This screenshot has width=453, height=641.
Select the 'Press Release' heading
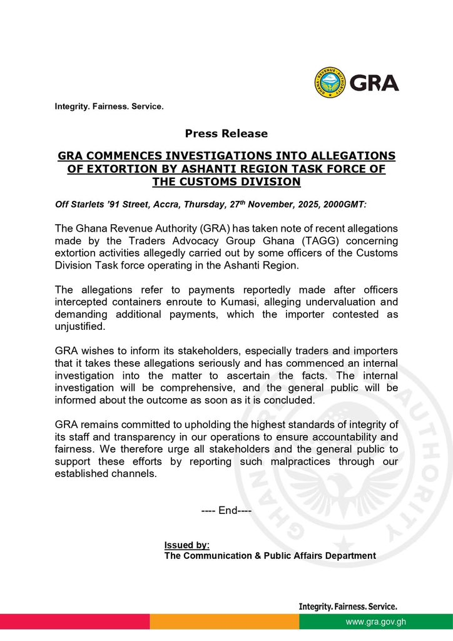(226, 133)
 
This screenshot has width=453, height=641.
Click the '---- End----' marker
(227, 511)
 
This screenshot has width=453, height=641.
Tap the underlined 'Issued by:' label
(187, 545)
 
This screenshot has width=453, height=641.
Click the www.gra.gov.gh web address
(376, 622)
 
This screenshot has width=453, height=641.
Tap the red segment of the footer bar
(74, 622)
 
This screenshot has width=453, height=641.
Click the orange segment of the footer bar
(224, 622)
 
